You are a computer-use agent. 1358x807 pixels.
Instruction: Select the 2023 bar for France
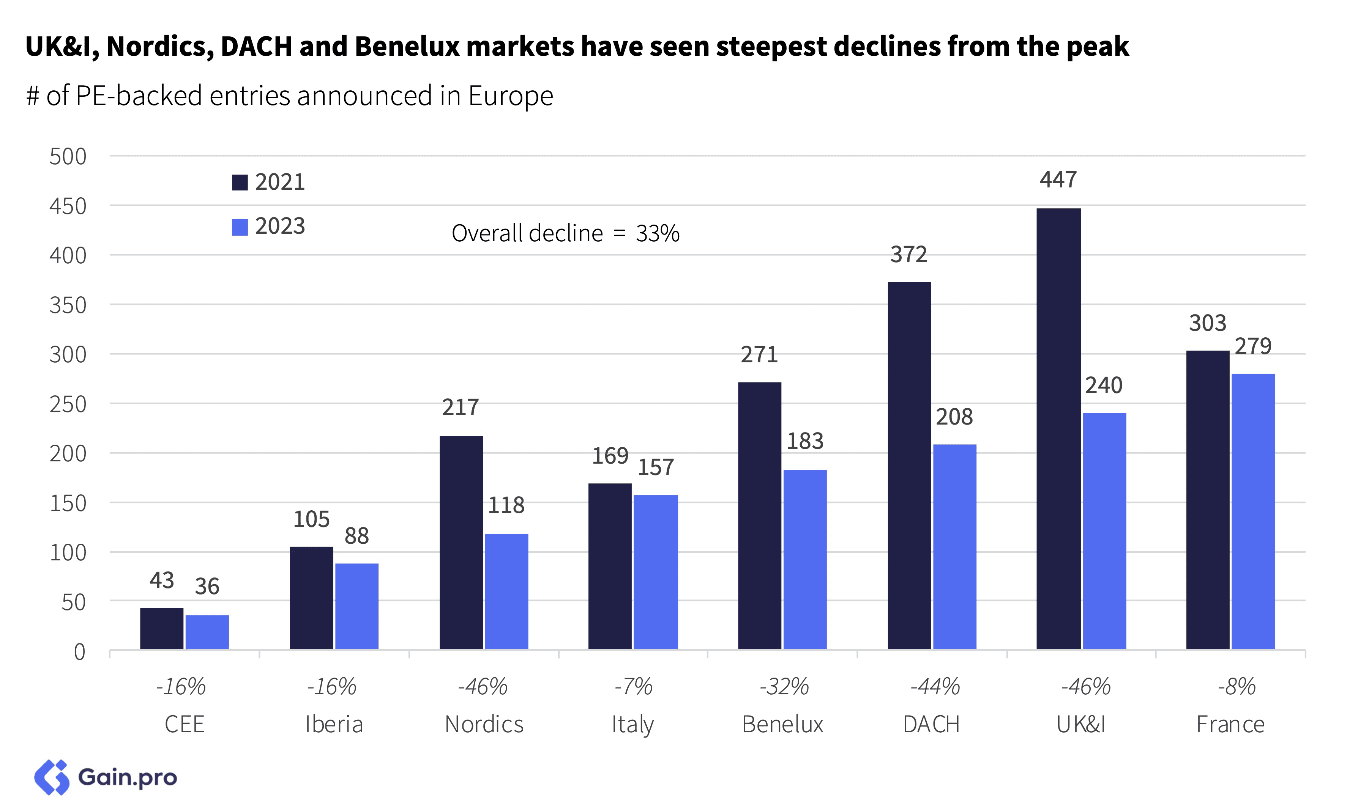(x=1252, y=511)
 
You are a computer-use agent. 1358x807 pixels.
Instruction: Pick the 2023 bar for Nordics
(x=506, y=591)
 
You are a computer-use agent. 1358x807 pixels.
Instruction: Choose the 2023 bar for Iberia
(x=356, y=606)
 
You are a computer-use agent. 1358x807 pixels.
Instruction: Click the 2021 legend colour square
(x=240, y=182)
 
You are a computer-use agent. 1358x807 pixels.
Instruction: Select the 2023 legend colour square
(x=240, y=227)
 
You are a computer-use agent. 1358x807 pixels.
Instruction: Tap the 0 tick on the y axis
(x=79, y=651)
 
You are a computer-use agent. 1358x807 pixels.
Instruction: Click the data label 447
(x=1058, y=179)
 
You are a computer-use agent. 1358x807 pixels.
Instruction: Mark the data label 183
(x=805, y=441)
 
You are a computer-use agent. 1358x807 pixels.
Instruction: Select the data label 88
(x=356, y=536)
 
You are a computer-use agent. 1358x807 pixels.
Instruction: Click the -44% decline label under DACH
(x=934, y=686)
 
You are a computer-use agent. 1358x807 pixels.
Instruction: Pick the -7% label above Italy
(x=633, y=686)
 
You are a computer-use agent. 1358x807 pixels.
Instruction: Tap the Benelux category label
(x=782, y=724)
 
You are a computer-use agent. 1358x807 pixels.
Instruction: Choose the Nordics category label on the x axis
(x=484, y=724)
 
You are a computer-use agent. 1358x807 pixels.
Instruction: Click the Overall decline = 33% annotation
(x=565, y=233)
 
